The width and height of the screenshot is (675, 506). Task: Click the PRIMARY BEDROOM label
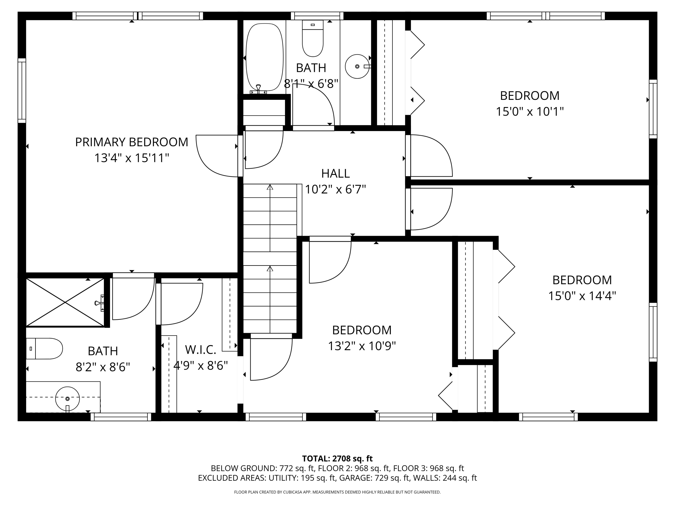tap(132, 142)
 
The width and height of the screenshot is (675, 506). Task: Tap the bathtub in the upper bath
tap(264, 58)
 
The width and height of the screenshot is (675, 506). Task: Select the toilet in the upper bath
tap(313, 38)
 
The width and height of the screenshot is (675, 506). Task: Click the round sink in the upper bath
tap(357, 67)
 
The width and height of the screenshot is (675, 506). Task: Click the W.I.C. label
tap(200, 349)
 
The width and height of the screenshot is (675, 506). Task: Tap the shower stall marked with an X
tap(65, 302)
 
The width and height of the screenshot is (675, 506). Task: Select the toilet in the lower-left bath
tap(44, 349)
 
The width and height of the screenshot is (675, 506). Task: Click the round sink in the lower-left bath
tap(67, 398)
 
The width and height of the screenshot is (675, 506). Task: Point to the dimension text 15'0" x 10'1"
tap(529, 112)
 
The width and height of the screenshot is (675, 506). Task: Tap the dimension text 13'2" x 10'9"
tap(362, 346)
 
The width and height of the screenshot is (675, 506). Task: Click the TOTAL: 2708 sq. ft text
tap(337, 458)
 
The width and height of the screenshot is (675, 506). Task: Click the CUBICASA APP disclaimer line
tap(337, 492)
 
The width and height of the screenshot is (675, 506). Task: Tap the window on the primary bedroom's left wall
tap(22, 91)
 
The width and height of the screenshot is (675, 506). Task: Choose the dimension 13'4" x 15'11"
tap(132, 158)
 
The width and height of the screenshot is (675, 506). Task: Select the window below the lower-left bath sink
tap(121, 417)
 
